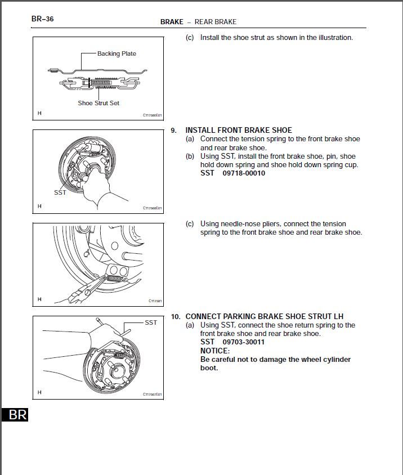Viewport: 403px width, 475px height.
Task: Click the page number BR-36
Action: click(x=42, y=19)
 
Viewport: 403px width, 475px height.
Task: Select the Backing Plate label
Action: click(x=117, y=53)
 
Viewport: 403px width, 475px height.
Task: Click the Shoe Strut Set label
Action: click(x=98, y=103)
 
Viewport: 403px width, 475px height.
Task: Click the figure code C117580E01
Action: click(x=152, y=116)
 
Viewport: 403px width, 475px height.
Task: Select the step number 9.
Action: click(x=174, y=130)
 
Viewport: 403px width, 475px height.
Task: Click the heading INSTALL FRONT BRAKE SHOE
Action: click(x=239, y=130)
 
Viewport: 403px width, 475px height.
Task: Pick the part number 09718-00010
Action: click(x=244, y=173)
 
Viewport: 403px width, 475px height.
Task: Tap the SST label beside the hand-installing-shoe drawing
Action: click(x=60, y=192)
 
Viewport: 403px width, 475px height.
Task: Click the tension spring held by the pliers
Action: click(x=116, y=277)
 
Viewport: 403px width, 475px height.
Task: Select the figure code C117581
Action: click(x=155, y=301)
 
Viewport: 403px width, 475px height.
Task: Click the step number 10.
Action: click(x=176, y=316)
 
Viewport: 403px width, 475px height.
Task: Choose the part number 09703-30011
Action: click(x=244, y=342)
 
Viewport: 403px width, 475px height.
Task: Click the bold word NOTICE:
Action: click(x=215, y=351)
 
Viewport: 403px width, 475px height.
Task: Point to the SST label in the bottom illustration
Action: click(x=151, y=322)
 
